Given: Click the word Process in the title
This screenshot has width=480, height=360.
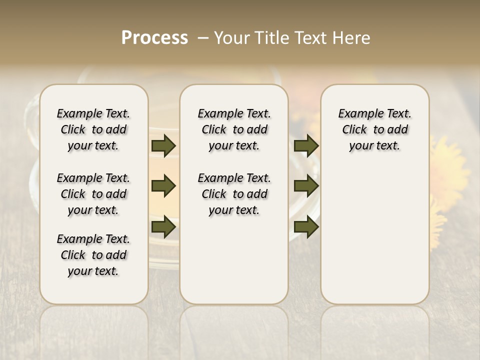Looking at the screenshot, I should [x=154, y=38].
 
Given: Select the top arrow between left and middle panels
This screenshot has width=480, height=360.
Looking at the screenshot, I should [x=163, y=145].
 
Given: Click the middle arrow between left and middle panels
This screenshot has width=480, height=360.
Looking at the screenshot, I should [x=163, y=186].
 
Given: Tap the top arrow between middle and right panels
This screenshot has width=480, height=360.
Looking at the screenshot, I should [x=306, y=145].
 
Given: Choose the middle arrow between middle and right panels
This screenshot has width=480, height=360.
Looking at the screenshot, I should [x=306, y=186].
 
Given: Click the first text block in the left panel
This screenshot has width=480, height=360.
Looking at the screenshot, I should [x=93, y=129].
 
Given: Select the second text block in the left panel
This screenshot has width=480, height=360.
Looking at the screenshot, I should [x=93, y=194].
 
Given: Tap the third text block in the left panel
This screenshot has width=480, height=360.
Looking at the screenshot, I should [x=93, y=255].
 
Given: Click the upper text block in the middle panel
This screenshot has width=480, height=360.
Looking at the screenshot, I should [x=234, y=129].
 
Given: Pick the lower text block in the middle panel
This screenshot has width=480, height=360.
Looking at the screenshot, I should [x=234, y=194].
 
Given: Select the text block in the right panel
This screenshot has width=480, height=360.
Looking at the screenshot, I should [x=374, y=129].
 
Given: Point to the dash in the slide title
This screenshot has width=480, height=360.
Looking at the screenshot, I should [x=203, y=38].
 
